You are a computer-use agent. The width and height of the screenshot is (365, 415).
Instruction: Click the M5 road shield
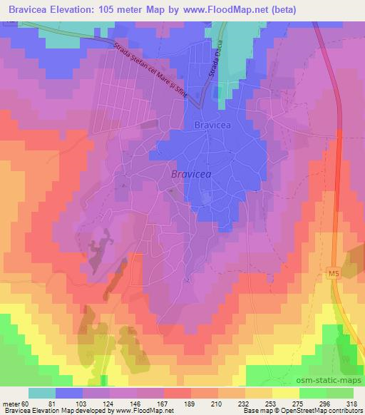coord(335,273)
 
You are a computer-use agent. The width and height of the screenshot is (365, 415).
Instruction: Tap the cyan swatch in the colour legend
coord(41,393)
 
